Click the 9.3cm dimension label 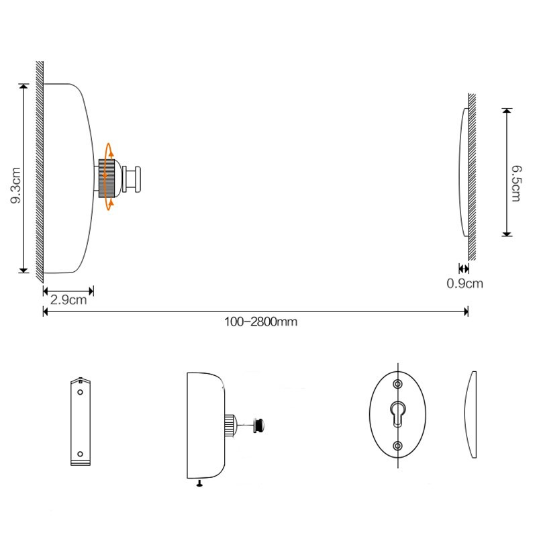pos(15,185)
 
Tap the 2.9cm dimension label pos(68,300)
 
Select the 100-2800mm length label pos(260,322)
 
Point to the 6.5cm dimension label pos(516,183)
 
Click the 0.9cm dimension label pos(465,283)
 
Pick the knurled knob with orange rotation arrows pos(107,179)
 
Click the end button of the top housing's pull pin pos(138,179)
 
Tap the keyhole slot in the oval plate pos(397,413)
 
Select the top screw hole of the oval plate pos(397,384)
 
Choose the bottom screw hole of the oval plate pos(397,446)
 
